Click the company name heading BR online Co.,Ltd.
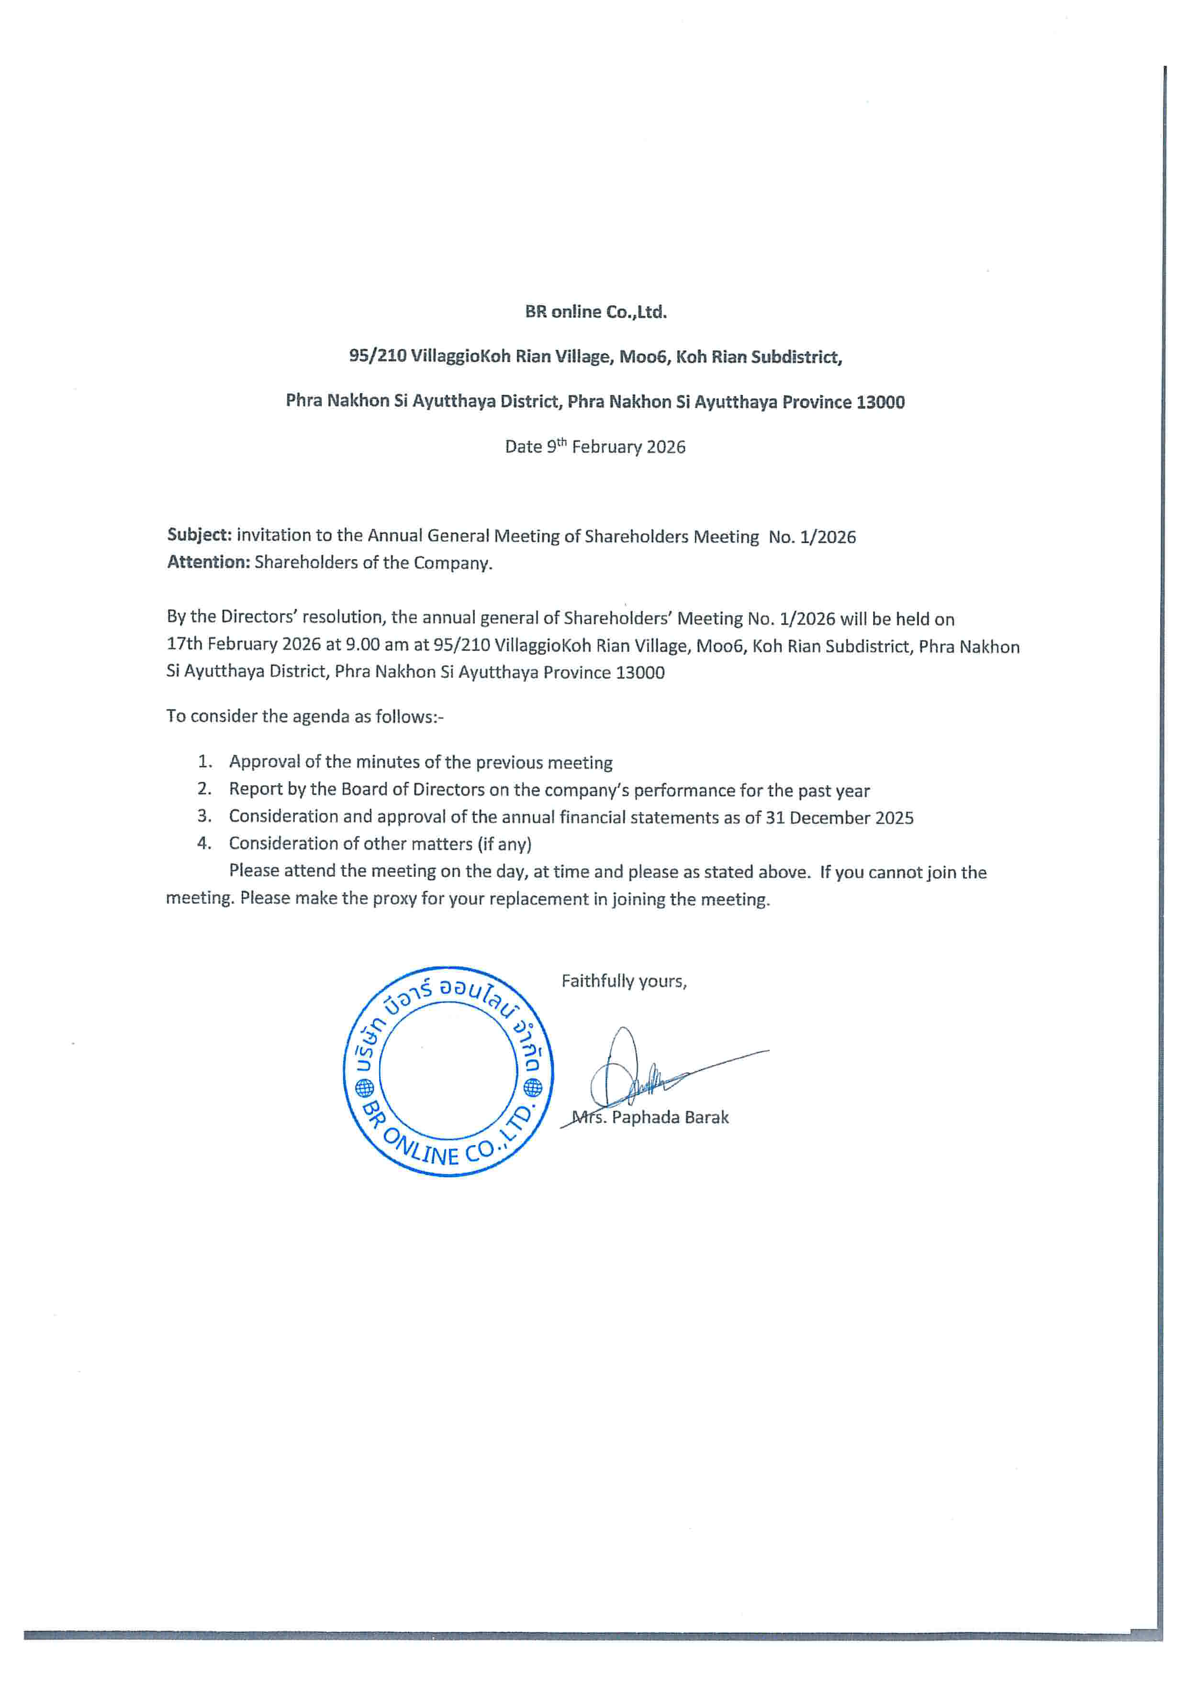595,312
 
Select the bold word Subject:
199,535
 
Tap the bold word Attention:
208,562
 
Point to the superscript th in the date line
561,442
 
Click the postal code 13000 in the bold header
880,402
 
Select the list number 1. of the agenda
205,762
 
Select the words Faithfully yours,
624,981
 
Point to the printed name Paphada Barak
670,1118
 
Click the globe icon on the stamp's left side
365,1087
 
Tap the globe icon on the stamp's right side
533,1087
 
